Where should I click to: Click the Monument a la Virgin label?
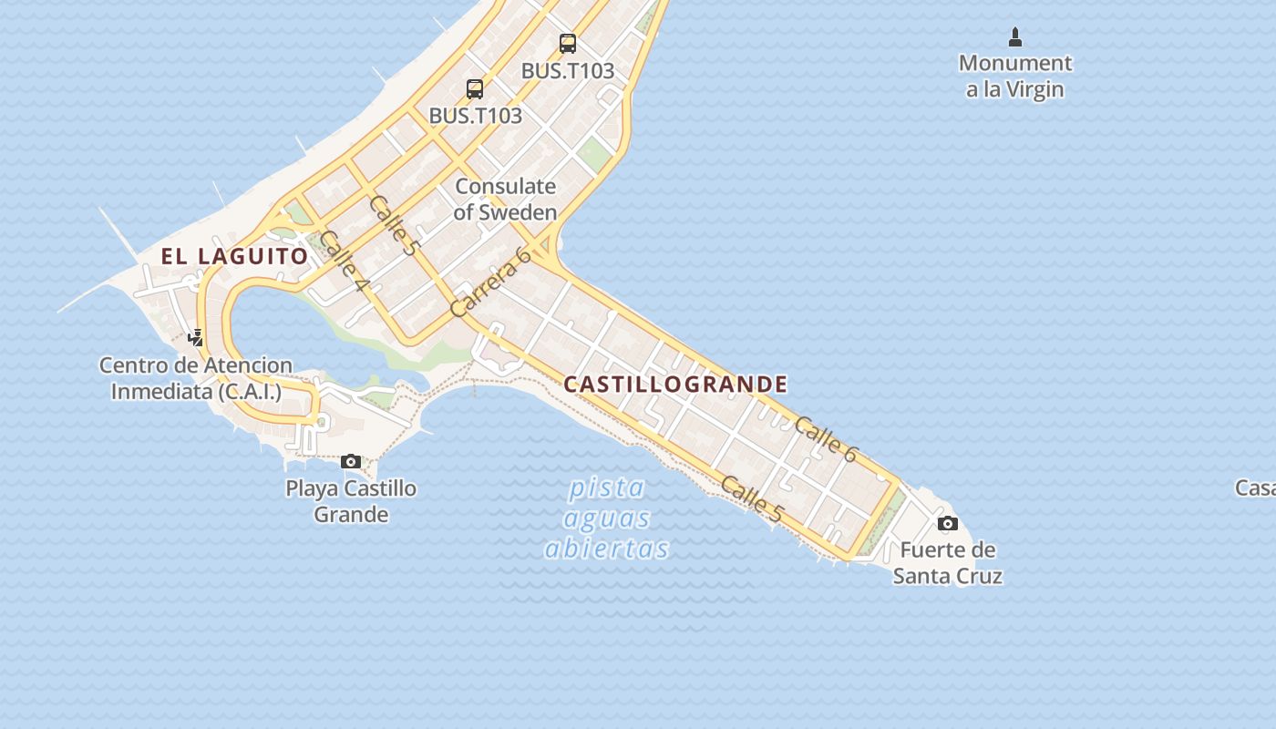click(1015, 77)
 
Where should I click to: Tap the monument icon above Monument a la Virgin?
click(1015, 37)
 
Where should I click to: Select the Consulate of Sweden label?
click(505, 200)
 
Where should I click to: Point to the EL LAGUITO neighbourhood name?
click(235, 256)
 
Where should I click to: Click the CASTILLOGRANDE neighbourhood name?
click(675, 384)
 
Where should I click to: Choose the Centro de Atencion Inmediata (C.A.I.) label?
click(196, 378)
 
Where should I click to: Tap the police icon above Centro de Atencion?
click(195, 338)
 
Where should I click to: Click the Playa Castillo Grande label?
click(351, 501)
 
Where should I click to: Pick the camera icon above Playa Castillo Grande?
click(351, 462)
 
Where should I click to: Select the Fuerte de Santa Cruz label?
click(948, 563)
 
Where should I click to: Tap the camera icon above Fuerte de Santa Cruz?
click(948, 523)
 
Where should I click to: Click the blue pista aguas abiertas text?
click(607, 519)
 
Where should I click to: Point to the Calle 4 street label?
click(345, 263)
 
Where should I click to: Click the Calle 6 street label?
click(826, 439)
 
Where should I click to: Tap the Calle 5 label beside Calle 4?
click(395, 225)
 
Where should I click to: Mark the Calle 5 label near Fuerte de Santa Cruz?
click(751, 499)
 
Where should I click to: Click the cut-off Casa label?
click(1256, 488)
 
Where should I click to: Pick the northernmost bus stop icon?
click(568, 43)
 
